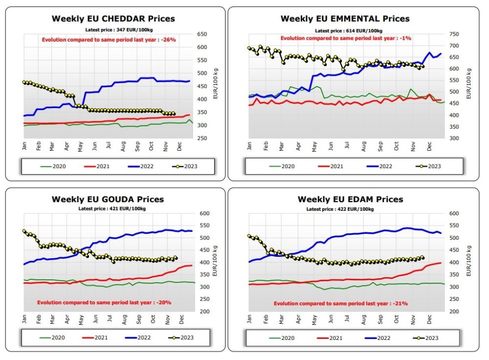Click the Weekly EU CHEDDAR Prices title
pyautogui.click(x=113, y=19)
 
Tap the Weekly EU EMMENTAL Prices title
pyautogui.click(x=345, y=19)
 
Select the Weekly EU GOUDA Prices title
pyautogui.click(x=108, y=200)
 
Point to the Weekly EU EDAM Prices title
pyautogui.click(x=350, y=200)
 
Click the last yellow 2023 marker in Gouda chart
pyautogui.click(x=176, y=258)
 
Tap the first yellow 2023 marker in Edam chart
pyautogui.click(x=249, y=236)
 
